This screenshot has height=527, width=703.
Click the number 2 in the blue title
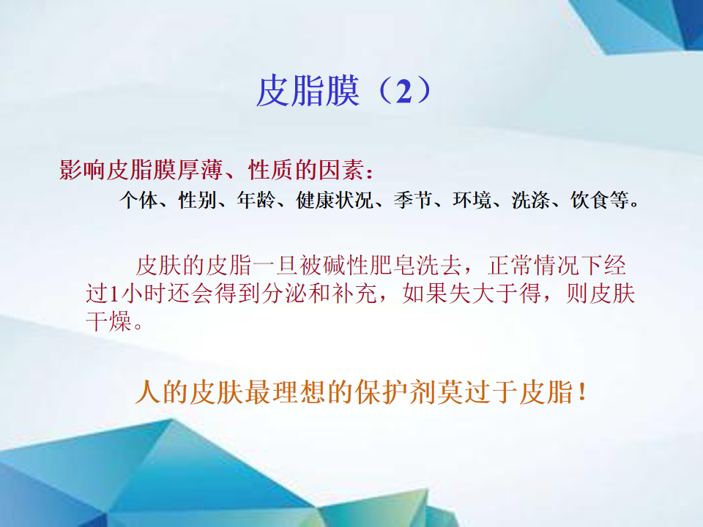[x=404, y=92]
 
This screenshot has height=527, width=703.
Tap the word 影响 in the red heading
[x=83, y=171]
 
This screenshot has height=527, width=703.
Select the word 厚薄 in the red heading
[x=200, y=171]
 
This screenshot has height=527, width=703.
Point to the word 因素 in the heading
[x=341, y=171]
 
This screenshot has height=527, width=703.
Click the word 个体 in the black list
[x=139, y=200]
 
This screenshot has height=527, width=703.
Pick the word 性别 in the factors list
[x=198, y=200]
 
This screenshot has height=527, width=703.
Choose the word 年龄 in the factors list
[x=257, y=200]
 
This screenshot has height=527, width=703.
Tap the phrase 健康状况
[x=335, y=200]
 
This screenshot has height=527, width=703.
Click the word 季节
[x=413, y=200]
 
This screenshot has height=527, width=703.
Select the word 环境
[x=472, y=200]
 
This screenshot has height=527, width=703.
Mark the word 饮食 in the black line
[x=590, y=200]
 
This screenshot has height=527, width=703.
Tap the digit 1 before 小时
[x=114, y=294]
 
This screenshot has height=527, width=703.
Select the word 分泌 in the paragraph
[x=284, y=294]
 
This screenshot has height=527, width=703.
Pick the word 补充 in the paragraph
[x=354, y=294]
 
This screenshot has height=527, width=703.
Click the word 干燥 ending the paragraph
[x=109, y=321]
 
